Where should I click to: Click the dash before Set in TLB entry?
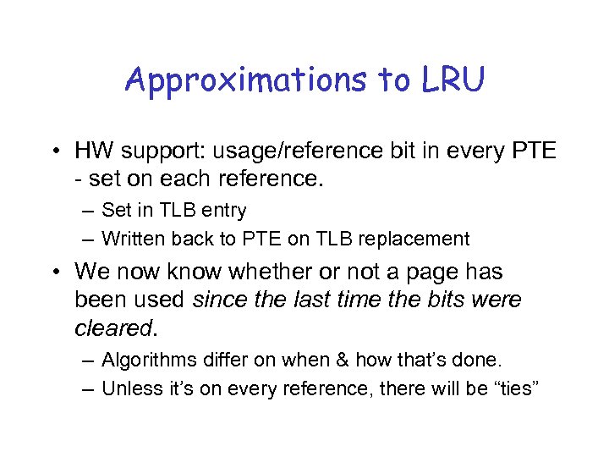(89, 209)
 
